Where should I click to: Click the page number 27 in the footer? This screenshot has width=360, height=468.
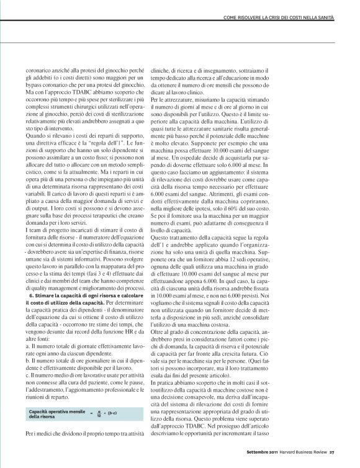pyautogui.click(x=332, y=451)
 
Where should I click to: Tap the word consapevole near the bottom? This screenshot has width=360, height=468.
pyautogui.click(x=199, y=394)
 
